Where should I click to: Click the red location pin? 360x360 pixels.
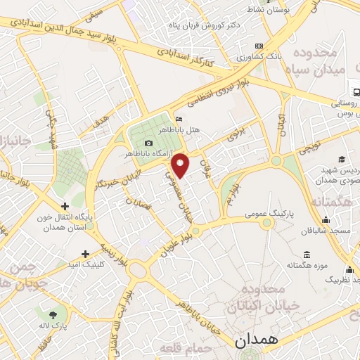pyautogui.click(x=181, y=165)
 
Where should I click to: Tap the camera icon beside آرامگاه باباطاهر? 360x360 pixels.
pyautogui.click(x=148, y=143)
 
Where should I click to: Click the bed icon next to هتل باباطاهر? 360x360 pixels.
pyautogui.click(x=179, y=119)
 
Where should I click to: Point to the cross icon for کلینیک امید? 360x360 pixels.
pyautogui.click(x=85, y=254)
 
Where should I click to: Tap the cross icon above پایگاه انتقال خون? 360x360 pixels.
pyautogui.click(x=65, y=207)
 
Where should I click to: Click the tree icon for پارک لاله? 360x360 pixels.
pyautogui.click(x=53, y=312)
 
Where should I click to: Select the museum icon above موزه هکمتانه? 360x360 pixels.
pyautogui.click(x=307, y=255)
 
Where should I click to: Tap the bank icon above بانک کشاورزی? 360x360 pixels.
pyautogui.click(x=259, y=45)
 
